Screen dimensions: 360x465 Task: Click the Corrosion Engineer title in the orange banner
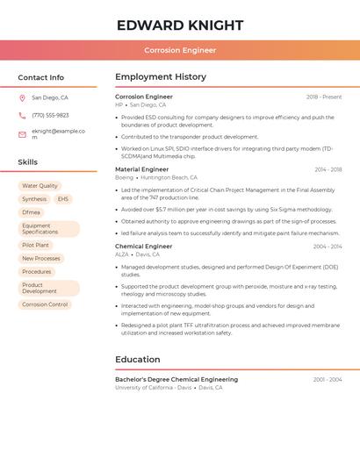(x=180, y=50)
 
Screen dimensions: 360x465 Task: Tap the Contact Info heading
(x=40, y=77)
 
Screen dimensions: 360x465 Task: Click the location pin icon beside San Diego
(x=22, y=98)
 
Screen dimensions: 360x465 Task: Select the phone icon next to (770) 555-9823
(x=22, y=115)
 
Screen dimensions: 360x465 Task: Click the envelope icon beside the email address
(x=22, y=134)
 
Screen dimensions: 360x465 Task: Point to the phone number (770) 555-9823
(x=50, y=115)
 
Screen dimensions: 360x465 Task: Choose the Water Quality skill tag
(x=40, y=186)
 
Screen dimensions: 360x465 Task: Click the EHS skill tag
(x=63, y=199)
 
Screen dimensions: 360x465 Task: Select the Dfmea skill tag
(x=32, y=212)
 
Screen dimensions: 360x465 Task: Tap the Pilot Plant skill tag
(x=35, y=245)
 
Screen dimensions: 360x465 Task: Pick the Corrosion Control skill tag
(x=45, y=304)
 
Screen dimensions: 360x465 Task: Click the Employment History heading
(x=161, y=77)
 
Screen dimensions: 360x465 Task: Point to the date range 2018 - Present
(x=324, y=97)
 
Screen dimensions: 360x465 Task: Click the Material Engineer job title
(x=142, y=169)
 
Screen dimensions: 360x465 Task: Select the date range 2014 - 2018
(x=328, y=169)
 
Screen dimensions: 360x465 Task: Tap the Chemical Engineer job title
(x=144, y=247)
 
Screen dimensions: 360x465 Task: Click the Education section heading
(x=138, y=359)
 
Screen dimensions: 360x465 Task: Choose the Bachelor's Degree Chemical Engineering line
(x=176, y=379)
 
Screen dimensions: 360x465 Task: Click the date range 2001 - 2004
(x=328, y=379)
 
